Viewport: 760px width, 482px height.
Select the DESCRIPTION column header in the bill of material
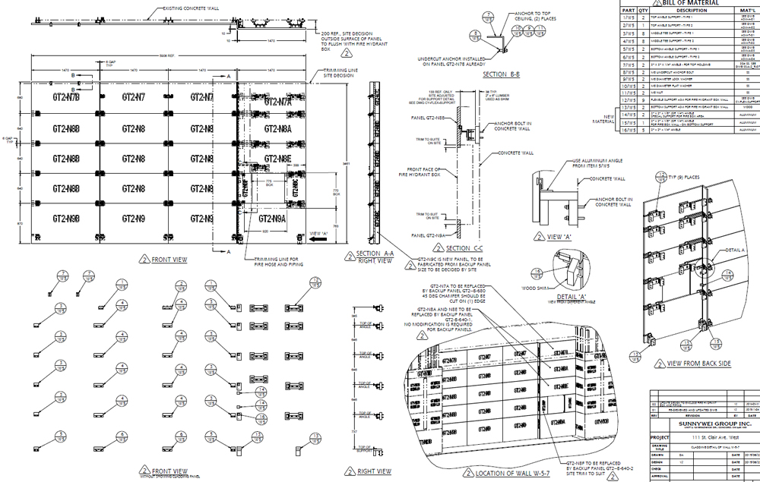pyautogui.click(x=687, y=11)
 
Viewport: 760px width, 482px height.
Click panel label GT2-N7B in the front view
pyautogui.click(x=65, y=97)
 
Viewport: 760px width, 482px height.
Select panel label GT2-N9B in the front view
pyautogui.click(x=65, y=219)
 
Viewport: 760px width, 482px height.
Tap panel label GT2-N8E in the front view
pyautogui.click(x=279, y=159)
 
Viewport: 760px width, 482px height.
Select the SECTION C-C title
pyautogui.click(x=469, y=248)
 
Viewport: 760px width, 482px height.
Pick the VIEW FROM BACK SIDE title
pyautogui.click(x=698, y=364)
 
